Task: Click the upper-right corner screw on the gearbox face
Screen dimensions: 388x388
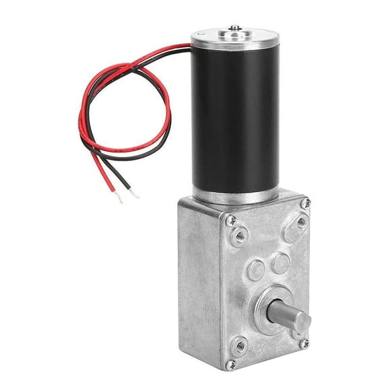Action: click(306, 202)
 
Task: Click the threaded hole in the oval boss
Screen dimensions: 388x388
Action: click(300, 220)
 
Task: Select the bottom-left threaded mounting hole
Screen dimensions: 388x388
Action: click(240, 347)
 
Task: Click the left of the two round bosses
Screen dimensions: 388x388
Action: click(255, 270)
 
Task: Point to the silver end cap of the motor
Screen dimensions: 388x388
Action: click(229, 37)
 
